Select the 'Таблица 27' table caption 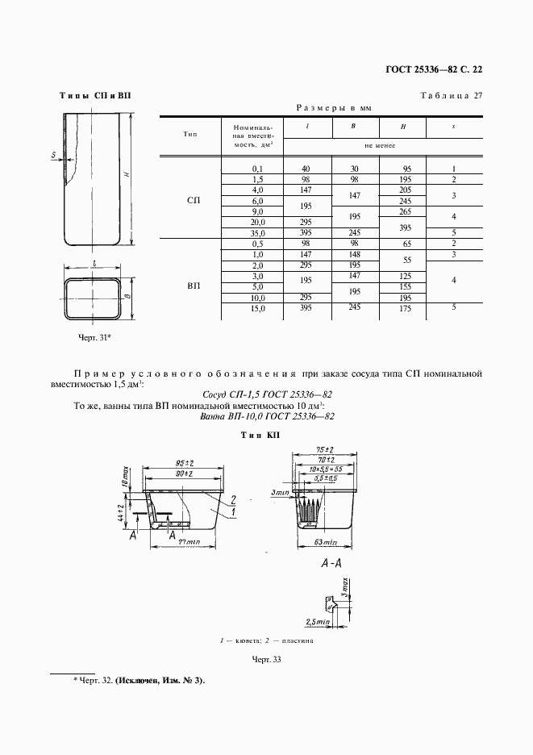tap(451, 96)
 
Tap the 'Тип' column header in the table tap(190, 133)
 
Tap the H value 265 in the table tap(406, 211)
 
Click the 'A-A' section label tap(330, 565)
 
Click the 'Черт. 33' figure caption tap(265, 660)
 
